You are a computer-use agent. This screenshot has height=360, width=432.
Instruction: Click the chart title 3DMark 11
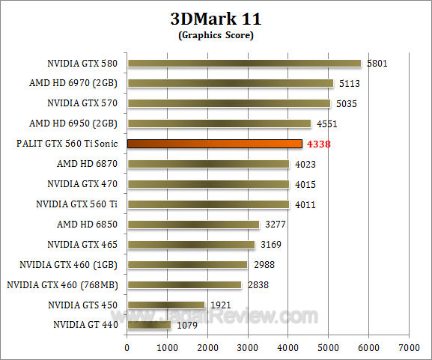(216, 18)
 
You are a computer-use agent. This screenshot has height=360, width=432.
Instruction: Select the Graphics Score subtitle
(216, 34)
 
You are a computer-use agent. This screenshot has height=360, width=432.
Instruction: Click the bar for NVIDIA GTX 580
(244, 64)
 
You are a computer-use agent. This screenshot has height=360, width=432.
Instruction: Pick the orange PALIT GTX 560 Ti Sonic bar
(214, 143)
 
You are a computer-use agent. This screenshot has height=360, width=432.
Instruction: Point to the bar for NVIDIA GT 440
(149, 325)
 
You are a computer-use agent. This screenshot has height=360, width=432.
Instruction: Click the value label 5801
(379, 64)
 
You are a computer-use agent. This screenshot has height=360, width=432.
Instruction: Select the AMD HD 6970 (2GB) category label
(77, 83)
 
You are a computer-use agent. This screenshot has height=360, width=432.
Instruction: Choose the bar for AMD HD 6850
(193, 224)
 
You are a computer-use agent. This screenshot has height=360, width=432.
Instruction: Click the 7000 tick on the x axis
(409, 347)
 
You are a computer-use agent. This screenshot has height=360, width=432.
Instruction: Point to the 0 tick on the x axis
(127, 347)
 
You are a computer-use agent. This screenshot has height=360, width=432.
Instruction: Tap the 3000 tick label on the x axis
(248, 347)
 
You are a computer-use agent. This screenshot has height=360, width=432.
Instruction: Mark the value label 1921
(219, 305)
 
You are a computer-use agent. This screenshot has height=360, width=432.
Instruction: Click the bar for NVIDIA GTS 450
(165, 305)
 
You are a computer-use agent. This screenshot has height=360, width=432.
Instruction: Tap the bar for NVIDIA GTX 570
(228, 103)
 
